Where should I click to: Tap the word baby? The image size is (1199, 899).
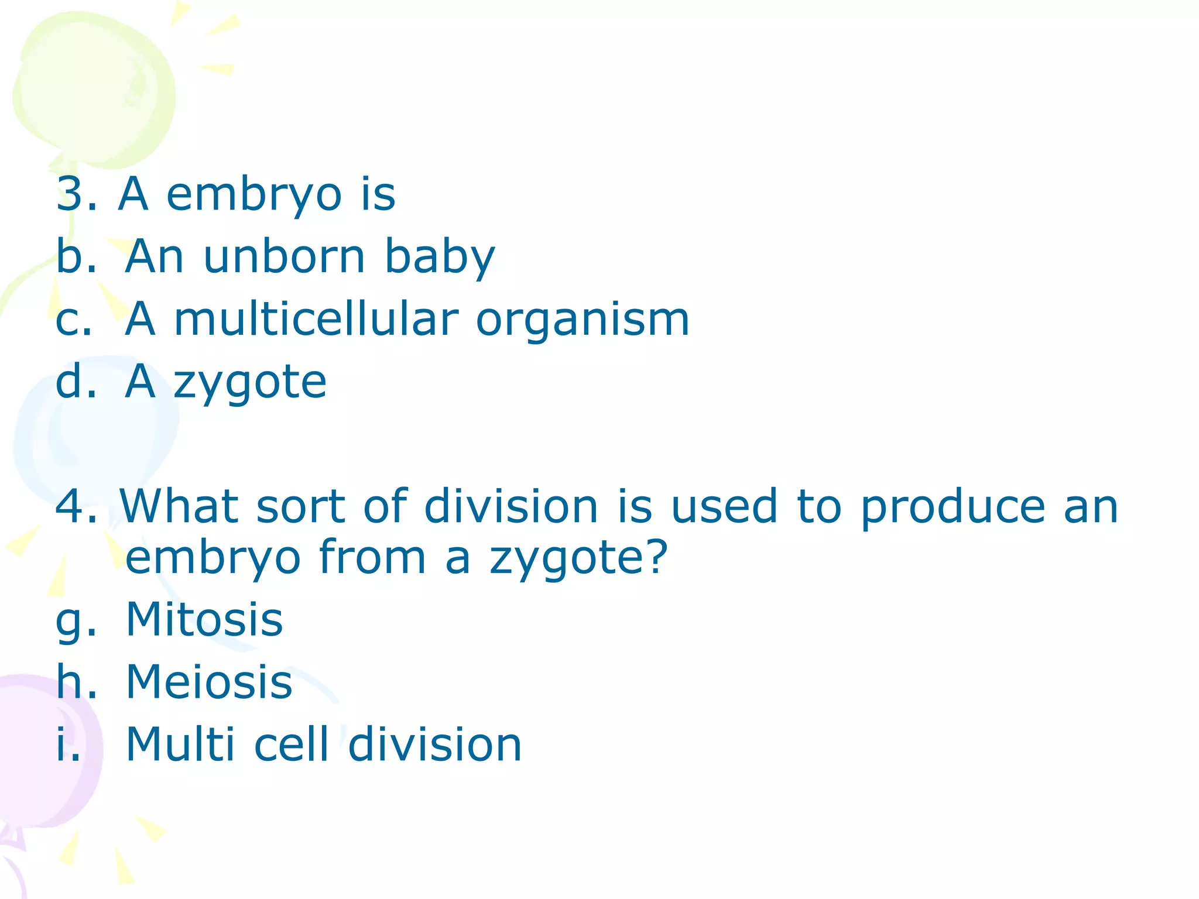click(440, 258)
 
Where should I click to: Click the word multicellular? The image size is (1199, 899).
click(316, 320)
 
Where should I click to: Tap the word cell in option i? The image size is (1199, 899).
click(291, 744)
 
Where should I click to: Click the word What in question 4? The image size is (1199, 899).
click(178, 506)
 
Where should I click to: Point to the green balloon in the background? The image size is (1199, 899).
click(94, 88)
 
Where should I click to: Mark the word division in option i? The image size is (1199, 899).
click(434, 744)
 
